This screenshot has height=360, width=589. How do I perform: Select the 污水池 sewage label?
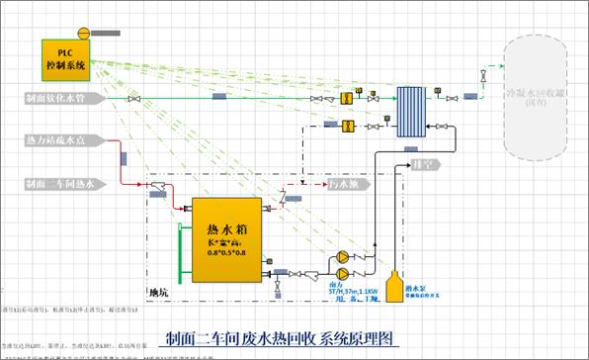(349, 184)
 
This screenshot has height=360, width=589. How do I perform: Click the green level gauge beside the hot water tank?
(176, 252)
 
